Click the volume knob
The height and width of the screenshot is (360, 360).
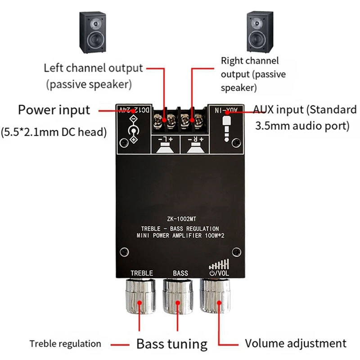coord(218,297)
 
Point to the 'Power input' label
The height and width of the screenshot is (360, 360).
coord(54,110)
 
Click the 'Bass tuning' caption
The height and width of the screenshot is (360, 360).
coord(172,344)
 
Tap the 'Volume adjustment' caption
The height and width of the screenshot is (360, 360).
coord(296,343)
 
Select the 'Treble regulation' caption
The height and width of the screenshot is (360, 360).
coord(65,344)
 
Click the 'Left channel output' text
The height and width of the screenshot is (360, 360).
coord(93,68)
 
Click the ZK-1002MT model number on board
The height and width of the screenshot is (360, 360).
coord(180,219)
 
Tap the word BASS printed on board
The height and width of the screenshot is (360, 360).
coord(180,273)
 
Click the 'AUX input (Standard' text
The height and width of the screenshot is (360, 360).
coord(305,110)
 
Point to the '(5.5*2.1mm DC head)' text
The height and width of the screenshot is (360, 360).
coord(54,132)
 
